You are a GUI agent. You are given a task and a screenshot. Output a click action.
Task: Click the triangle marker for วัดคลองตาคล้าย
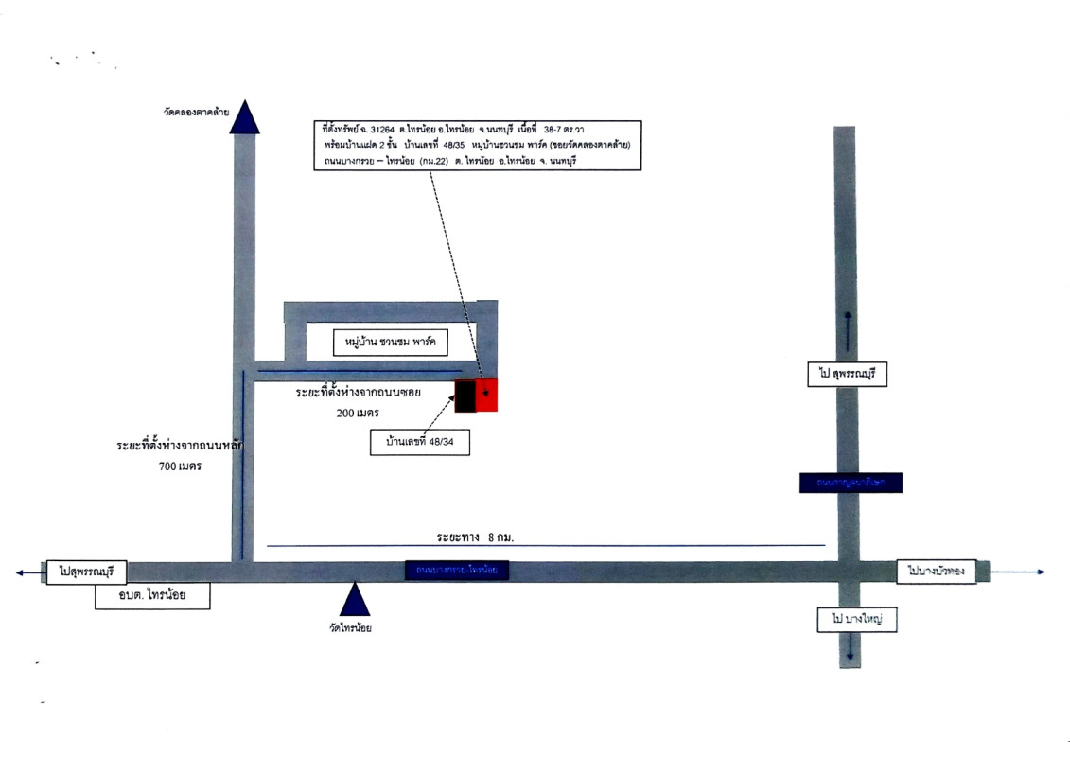click(x=246, y=118)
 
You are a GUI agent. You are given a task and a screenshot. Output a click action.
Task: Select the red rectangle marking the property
click(x=486, y=396)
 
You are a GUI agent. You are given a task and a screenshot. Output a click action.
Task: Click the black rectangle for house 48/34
click(x=465, y=396)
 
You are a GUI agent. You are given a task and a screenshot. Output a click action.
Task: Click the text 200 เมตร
click(x=358, y=414)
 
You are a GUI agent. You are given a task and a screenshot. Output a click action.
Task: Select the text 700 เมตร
click(x=179, y=466)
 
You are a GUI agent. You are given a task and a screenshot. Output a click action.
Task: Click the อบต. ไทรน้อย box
click(x=152, y=597)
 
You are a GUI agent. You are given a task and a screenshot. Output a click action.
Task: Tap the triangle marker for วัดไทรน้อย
click(x=354, y=600)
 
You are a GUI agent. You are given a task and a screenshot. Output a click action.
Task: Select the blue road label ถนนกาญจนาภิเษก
click(x=850, y=483)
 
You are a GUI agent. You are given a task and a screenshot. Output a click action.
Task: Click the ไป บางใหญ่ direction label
click(x=856, y=621)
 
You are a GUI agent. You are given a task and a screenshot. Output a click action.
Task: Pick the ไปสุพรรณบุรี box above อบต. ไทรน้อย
click(x=85, y=571)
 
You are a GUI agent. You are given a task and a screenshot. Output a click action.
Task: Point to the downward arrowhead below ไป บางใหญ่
click(x=851, y=656)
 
